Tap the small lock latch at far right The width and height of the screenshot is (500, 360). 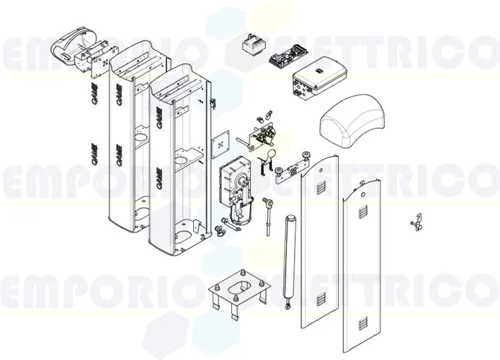[414, 222]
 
